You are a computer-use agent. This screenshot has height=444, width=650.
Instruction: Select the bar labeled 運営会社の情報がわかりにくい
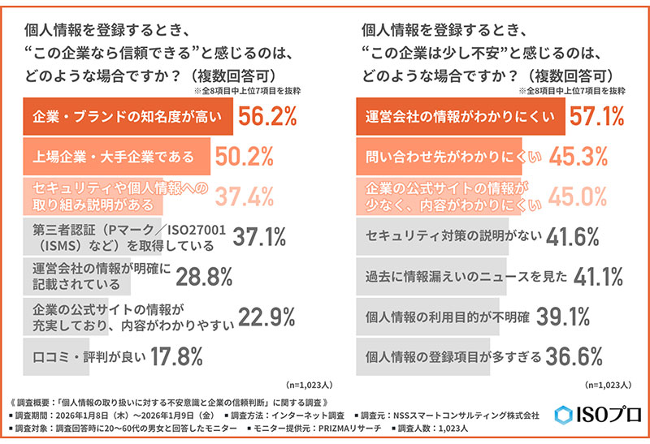[x=455, y=119]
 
